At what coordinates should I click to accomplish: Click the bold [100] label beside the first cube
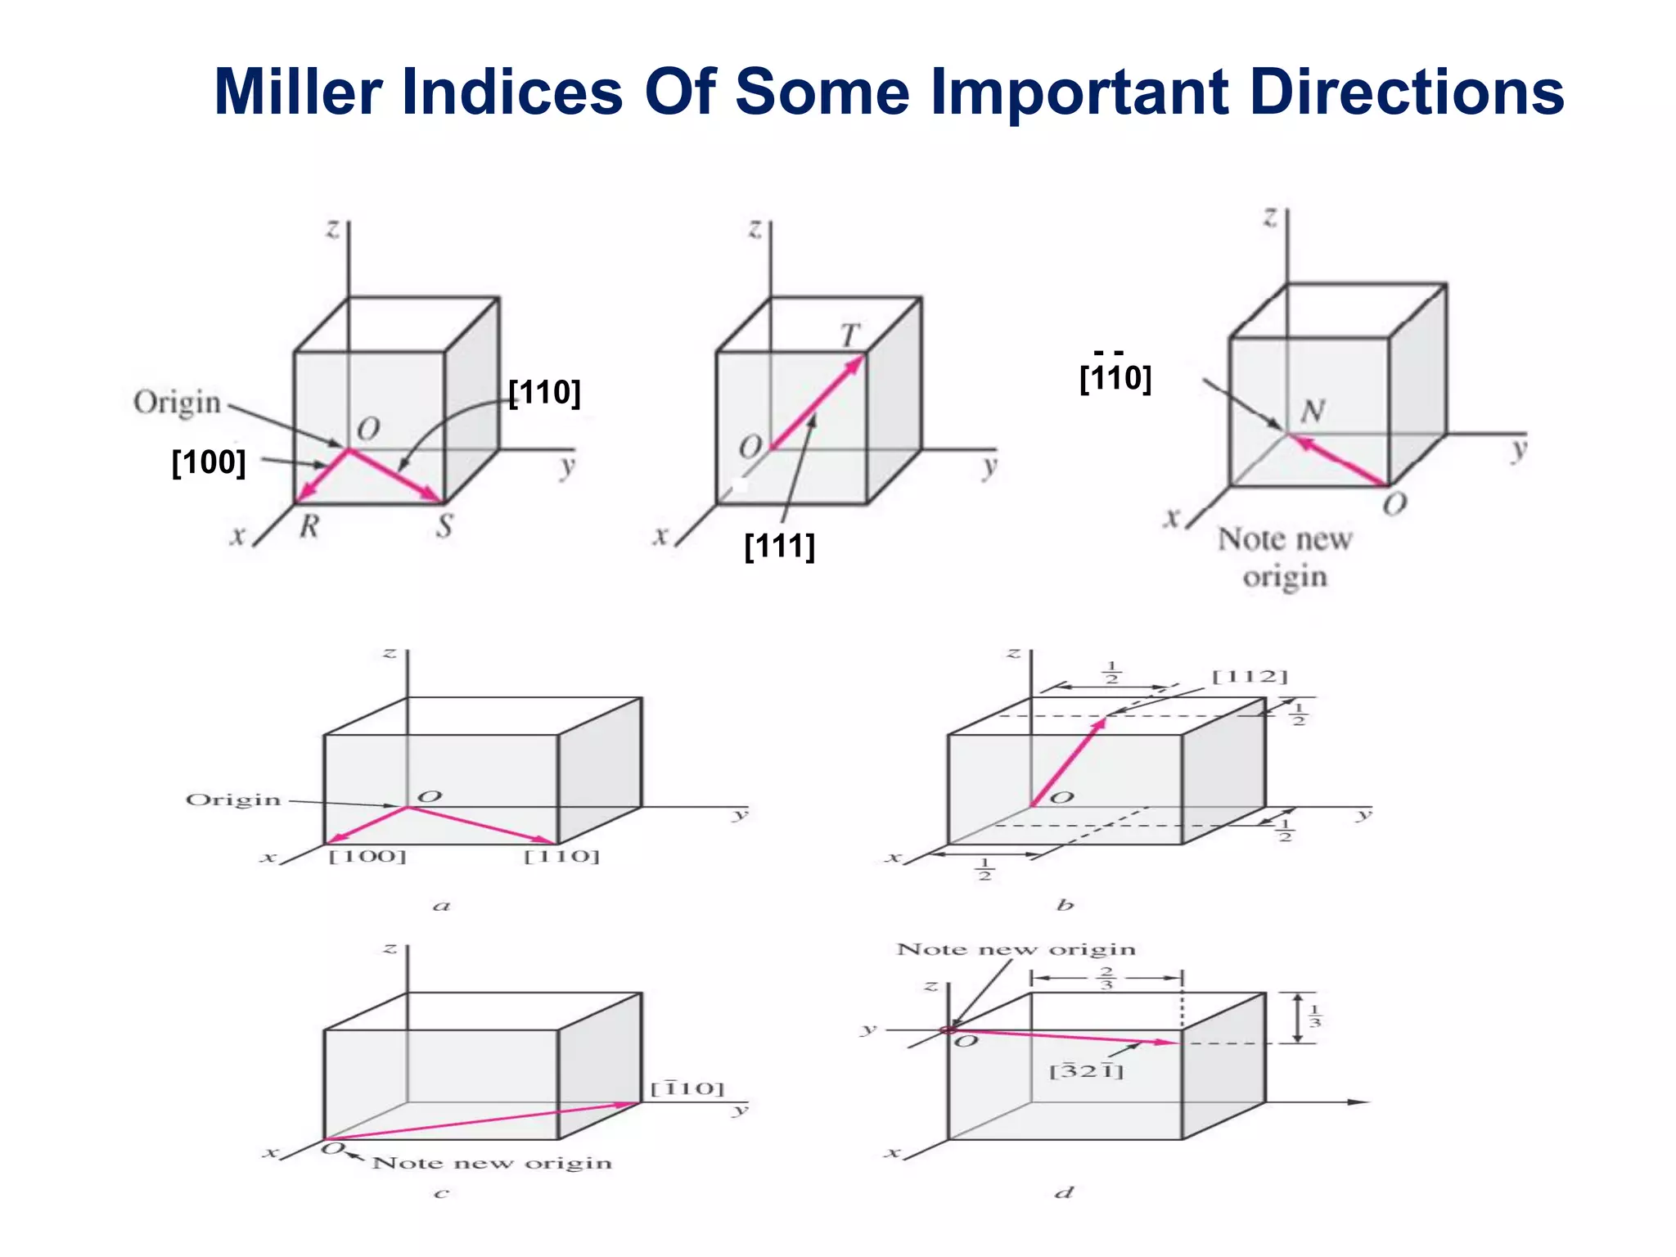pyautogui.click(x=209, y=462)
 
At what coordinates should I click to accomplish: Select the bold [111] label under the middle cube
pyautogui.click(x=779, y=546)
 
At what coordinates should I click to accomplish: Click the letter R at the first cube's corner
pyautogui.click(x=309, y=526)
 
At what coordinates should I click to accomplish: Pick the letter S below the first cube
pyautogui.click(x=444, y=525)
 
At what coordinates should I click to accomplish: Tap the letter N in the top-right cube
pyautogui.click(x=1313, y=411)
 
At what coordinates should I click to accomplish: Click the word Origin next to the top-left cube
pyautogui.click(x=177, y=403)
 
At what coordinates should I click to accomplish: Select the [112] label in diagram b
pyautogui.click(x=1250, y=677)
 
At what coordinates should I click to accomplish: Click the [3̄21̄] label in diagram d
pyautogui.click(x=1086, y=1070)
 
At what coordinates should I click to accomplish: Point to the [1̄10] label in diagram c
pyautogui.click(x=687, y=1088)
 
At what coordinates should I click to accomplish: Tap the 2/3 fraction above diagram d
pyautogui.click(x=1106, y=978)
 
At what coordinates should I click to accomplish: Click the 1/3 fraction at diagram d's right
pyautogui.click(x=1314, y=1017)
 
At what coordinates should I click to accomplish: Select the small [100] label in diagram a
pyautogui.click(x=367, y=857)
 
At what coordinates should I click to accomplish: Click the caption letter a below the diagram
pyautogui.click(x=442, y=905)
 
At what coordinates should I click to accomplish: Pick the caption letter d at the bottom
pyautogui.click(x=1064, y=1192)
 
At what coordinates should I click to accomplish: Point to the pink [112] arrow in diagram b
pyautogui.click(x=1069, y=762)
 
